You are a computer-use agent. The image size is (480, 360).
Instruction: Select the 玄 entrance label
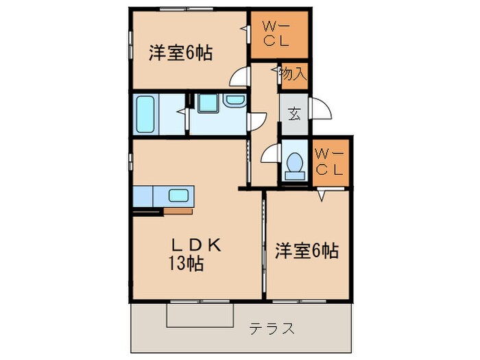click(294, 115)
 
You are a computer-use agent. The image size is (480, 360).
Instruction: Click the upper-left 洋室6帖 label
click(179, 53)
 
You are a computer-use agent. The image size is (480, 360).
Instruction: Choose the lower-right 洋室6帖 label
click(307, 251)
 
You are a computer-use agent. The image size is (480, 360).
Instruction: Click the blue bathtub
click(146, 114)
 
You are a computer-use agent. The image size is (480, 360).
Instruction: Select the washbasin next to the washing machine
click(235, 101)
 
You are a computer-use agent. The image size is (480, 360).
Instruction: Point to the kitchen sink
click(179, 195)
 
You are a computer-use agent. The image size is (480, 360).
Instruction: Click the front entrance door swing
click(320, 110)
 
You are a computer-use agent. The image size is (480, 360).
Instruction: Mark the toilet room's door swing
click(272, 155)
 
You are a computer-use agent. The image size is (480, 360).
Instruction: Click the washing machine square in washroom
click(206, 103)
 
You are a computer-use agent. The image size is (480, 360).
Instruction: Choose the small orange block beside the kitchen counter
click(178, 211)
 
